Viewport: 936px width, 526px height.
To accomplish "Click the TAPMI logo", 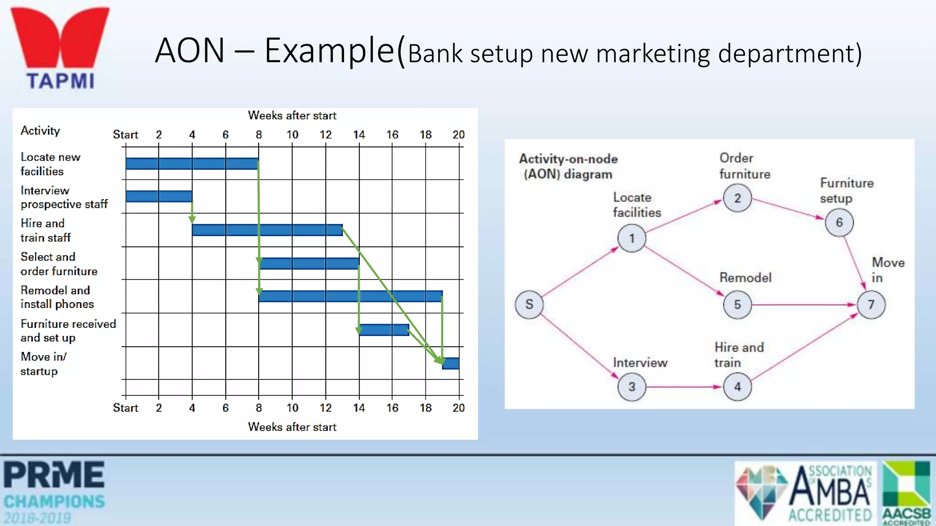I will [x=60, y=48].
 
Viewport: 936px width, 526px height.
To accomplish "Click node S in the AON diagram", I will [x=529, y=304].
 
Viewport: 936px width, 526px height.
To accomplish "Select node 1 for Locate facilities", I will [x=632, y=238].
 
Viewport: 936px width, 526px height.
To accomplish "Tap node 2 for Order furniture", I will [x=737, y=198].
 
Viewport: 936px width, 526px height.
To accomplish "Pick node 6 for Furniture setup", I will [x=839, y=222].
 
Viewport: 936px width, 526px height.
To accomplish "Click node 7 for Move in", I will [x=871, y=305].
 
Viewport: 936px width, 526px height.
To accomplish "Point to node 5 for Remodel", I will [x=737, y=305].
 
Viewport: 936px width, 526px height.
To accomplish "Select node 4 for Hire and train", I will [x=737, y=387].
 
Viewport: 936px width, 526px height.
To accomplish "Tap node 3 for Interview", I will [x=632, y=387].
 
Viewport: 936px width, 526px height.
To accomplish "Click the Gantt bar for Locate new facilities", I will [x=192, y=163].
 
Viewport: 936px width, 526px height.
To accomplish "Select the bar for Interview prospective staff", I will [x=159, y=196].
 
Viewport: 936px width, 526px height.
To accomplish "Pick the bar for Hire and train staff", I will [x=267, y=230].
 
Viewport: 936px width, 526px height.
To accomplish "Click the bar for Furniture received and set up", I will [x=384, y=330].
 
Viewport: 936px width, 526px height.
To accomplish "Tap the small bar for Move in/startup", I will [x=451, y=363].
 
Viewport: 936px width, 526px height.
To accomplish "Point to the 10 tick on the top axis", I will [x=292, y=135].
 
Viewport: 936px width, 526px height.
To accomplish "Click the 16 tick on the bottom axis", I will [x=392, y=408].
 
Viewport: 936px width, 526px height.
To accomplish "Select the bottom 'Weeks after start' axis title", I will [x=292, y=427].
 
